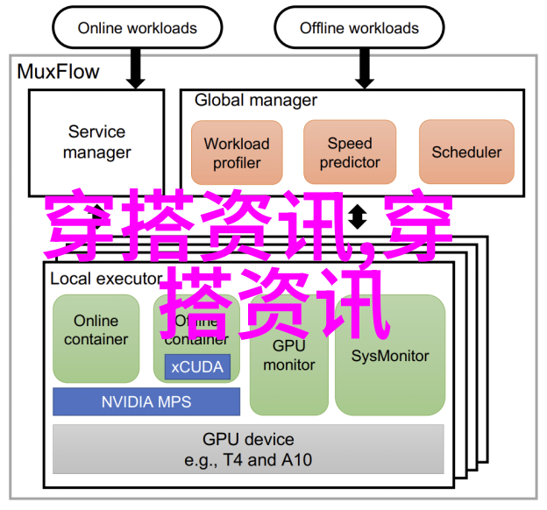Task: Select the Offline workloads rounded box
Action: [x=359, y=28]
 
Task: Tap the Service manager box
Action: [x=96, y=142]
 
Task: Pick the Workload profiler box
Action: [x=237, y=153]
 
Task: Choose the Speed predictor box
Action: [x=350, y=153]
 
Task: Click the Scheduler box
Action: [x=466, y=152]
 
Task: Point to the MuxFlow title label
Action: [x=59, y=72]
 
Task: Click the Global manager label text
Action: [x=256, y=100]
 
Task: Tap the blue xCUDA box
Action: [x=197, y=366]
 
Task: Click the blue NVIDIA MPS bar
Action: [x=146, y=402]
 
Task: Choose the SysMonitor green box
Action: [x=390, y=356]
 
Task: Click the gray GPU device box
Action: [x=248, y=449]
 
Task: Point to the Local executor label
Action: [x=105, y=280]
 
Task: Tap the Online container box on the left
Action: [x=96, y=337]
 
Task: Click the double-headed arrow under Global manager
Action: [x=358, y=216]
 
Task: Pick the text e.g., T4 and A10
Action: [x=248, y=459]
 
